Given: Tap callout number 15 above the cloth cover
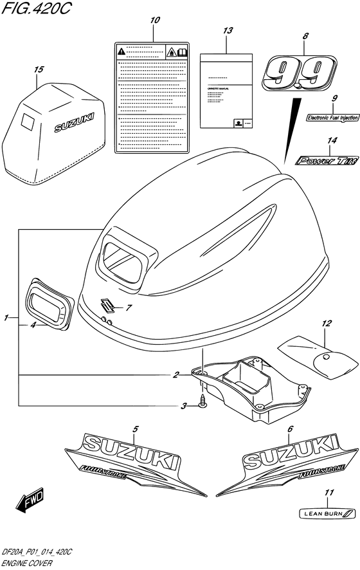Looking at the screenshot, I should click(x=39, y=69).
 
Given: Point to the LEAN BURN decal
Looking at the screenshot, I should click(x=327, y=513).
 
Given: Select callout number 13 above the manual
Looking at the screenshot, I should click(x=227, y=30).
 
